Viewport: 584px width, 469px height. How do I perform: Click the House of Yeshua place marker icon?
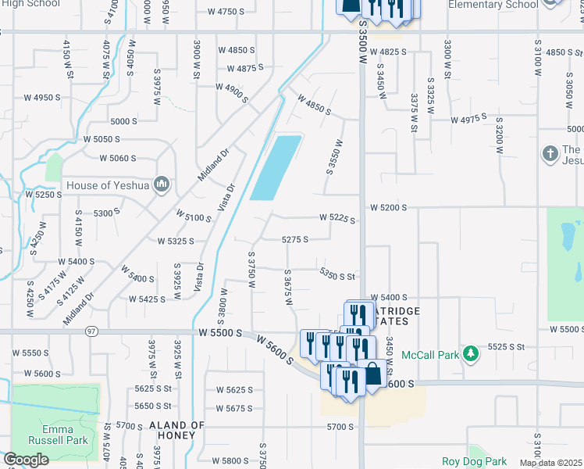tap(162, 184)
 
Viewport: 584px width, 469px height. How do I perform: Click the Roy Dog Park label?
tap(474, 461)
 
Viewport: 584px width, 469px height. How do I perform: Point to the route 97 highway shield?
tap(92, 332)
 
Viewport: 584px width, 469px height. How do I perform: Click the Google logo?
tap(26, 460)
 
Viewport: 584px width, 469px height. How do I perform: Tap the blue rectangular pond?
tap(275, 167)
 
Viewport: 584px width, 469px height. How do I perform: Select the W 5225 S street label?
tap(337, 219)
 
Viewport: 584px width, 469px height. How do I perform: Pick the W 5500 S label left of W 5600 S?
tap(226, 332)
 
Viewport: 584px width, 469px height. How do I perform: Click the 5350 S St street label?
tap(337, 274)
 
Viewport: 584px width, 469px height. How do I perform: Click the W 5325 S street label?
tap(175, 242)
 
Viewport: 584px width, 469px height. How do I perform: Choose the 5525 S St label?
tap(518, 345)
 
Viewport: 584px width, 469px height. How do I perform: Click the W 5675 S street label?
tap(235, 408)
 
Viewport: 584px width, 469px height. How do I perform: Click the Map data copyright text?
tap(551, 463)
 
